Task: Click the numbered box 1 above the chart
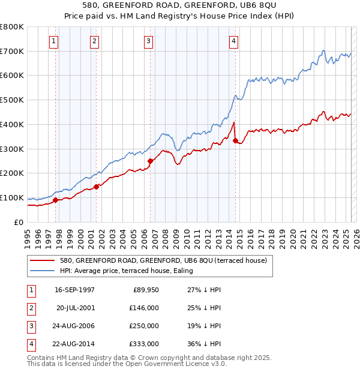[x=54, y=41]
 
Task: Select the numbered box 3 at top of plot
[x=148, y=41]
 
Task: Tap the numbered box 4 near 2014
[x=233, y=41]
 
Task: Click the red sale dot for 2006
[x=151, y=160]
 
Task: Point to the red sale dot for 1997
[x=56, y=200]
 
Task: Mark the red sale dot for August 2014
[x=235, y=140]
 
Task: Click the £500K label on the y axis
[x=12, y=100]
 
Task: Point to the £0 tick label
[x=18, y=222]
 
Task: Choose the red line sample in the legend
[x=43, y=260]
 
